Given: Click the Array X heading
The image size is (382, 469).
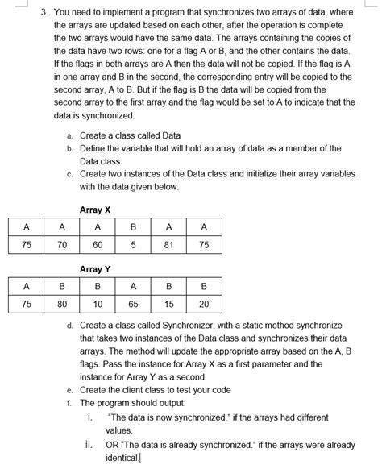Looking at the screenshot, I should (x=95, y=210).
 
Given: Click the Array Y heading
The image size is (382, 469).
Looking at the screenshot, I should (x=95, y=268).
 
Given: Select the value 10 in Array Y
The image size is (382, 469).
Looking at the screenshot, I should (x=98, y=305).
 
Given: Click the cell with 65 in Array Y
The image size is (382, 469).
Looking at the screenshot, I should (x=133, y=305).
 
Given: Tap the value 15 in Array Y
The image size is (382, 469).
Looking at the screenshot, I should (x=168, y=305).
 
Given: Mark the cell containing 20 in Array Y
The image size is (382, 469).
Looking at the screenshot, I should (x=204, y=305).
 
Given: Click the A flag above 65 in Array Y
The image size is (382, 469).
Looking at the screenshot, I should (x=133, y=286).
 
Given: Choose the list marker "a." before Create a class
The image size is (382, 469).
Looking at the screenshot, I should (x=70, y=135).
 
